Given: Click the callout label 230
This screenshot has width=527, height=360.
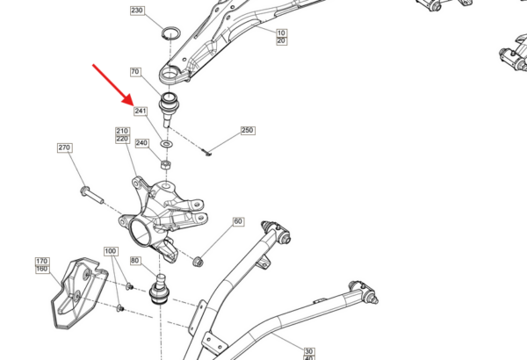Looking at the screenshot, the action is click(137, 11).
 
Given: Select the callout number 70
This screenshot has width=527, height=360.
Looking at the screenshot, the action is click(135, 72).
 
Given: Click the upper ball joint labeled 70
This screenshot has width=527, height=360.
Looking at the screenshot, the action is click(169, 108).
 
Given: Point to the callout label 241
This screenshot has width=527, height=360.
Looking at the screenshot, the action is click(141, 111).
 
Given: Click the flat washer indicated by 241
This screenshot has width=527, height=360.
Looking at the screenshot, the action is click(166, 144).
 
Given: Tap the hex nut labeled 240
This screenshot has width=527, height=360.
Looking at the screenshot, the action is click(165, 165).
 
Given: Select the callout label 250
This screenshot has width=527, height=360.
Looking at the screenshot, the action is click(248, 131).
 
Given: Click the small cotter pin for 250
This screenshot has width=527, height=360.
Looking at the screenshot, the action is click(207, 153).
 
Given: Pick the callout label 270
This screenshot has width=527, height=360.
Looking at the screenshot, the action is click(64, 148).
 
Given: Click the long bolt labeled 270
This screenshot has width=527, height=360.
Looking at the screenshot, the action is click(91, 195).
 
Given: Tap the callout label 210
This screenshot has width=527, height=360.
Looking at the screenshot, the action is click(122, 131).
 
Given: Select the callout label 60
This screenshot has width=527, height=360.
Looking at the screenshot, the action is click(238, 221).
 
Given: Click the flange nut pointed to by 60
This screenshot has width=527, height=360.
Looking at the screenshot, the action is click(198, 261).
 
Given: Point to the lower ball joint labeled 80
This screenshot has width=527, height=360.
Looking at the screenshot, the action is click(159, 290).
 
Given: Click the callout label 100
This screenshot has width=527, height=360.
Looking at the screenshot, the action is click(111, 251).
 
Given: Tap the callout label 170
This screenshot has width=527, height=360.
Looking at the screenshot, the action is click(42, 262).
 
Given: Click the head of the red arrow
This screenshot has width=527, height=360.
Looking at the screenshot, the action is click(128, 99).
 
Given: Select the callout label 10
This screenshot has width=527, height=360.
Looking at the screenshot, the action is click(281, 33).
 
